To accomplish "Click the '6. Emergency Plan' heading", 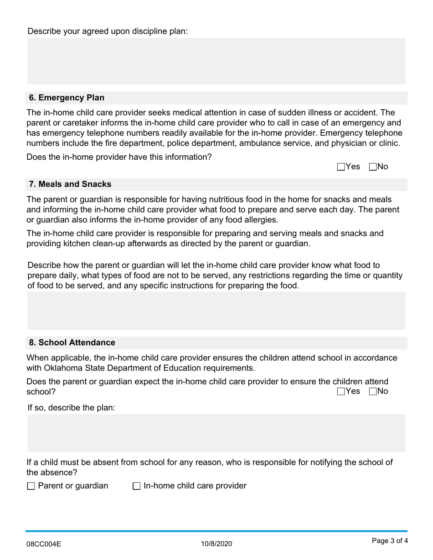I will coord(67,98).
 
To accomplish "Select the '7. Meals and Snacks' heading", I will coord(70,184).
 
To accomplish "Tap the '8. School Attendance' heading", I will coord(72,342).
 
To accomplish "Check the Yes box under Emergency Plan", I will coord(341,167).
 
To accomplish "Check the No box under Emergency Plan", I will coord(373,167).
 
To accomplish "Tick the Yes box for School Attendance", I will coord(341,392).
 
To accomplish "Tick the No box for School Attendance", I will coord(373,392).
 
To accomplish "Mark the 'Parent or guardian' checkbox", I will coord(31,486).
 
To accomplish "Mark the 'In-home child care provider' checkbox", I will coord(137,486).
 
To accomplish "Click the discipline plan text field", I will coord(216,61).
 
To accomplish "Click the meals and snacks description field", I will coord(216,311).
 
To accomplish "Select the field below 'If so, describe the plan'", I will coord(216,433).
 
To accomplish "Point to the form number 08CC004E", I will coord(43,544).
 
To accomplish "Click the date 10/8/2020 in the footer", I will coord(216,544).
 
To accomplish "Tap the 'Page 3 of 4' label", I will coord(389,541).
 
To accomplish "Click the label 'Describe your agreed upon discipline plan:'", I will coord(108,31).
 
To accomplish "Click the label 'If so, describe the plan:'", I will coord(72,407).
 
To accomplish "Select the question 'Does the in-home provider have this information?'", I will coord(119,157).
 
